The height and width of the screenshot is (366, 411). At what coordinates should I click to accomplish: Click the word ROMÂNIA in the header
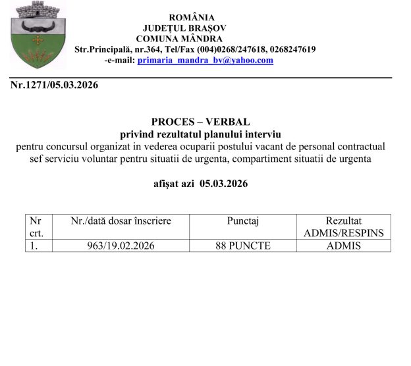(192, 17)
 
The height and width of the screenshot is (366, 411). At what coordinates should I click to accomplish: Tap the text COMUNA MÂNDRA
(178, 38)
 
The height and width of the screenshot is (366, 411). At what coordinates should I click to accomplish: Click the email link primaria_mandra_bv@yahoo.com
(205, 60)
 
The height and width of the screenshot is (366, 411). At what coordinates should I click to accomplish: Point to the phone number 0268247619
(288, 49)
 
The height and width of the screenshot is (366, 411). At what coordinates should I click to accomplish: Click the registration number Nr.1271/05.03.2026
(54, 85)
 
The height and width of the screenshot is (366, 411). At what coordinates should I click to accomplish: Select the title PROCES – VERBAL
(200, 122)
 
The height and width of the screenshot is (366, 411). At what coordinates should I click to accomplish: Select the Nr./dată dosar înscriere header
(121, 221)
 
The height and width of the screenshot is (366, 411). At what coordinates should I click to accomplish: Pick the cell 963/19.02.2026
(119, 246)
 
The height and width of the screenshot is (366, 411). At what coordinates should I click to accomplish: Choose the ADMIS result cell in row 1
(343, 246)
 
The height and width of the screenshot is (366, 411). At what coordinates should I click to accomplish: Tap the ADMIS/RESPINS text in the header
(343, 233)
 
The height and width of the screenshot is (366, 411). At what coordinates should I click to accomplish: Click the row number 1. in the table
(32, 246)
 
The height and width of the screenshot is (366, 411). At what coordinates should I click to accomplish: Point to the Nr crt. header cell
(35, 227)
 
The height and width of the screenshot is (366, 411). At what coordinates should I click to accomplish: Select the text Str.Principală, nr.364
(117, 49)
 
